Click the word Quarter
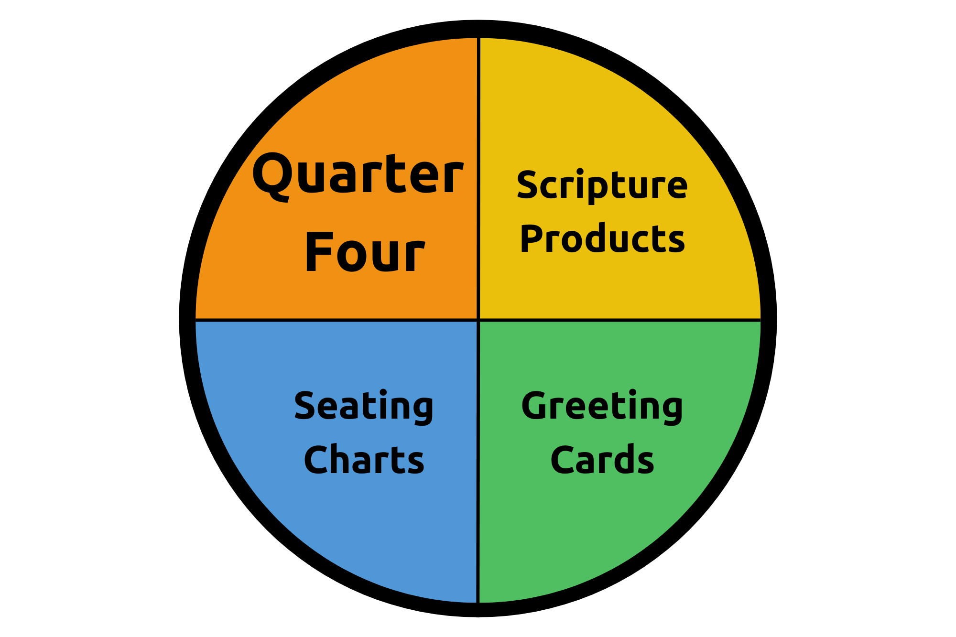358,174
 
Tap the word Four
365,252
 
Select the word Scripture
602,185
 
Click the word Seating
364,406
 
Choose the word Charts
364,460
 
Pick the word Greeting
602,406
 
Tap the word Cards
602,460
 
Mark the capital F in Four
316,252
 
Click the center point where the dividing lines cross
478,319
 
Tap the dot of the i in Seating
384,393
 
